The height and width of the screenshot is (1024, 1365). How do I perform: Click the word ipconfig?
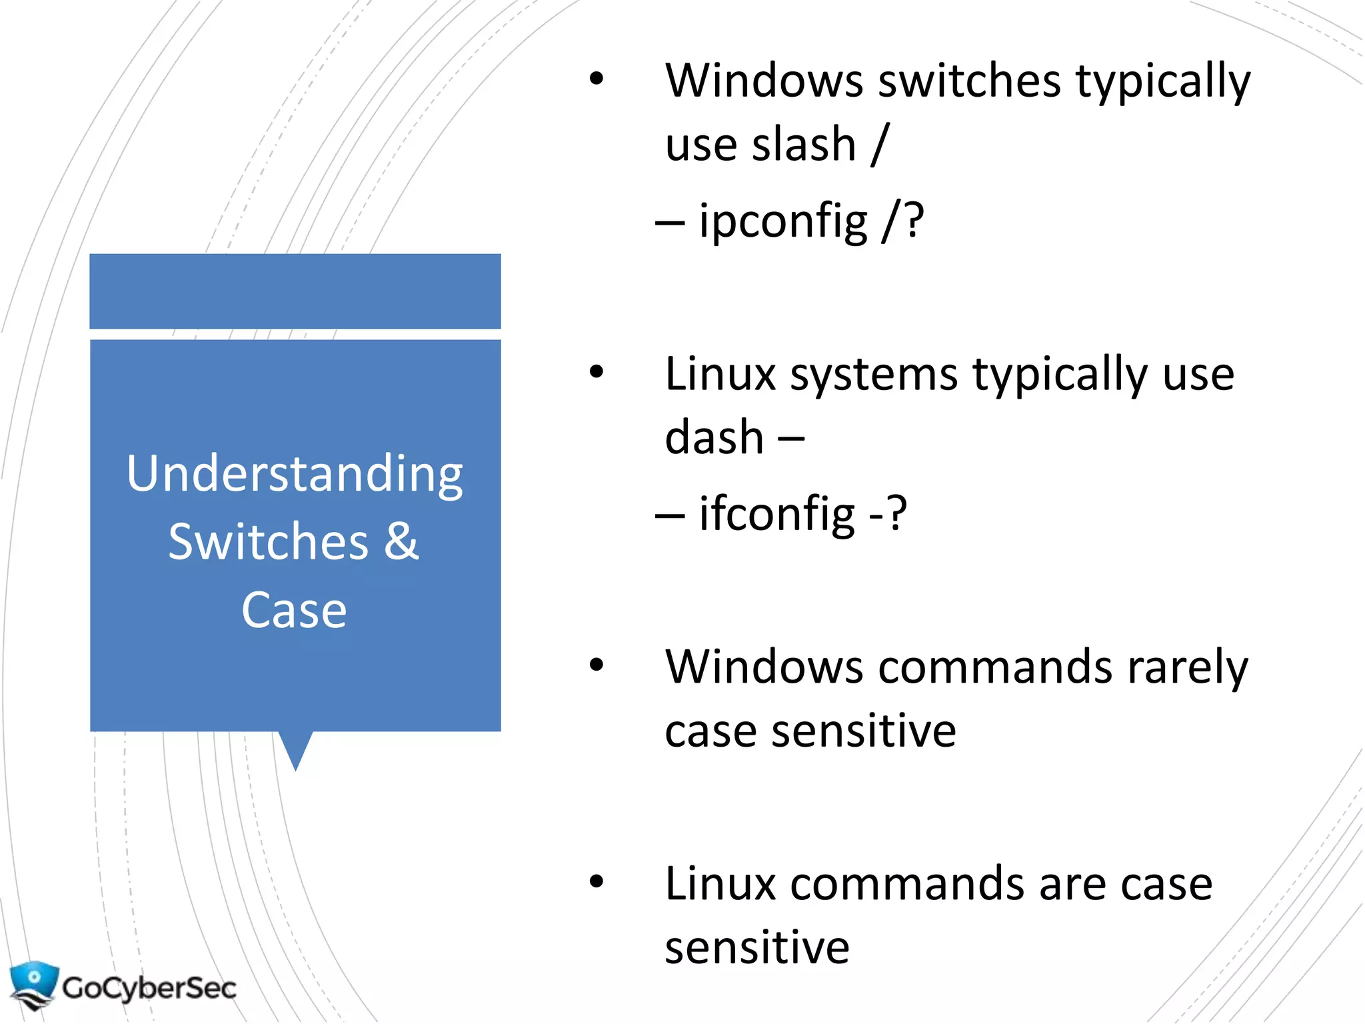[782, 221]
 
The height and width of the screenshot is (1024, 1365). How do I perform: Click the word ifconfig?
[776, 514]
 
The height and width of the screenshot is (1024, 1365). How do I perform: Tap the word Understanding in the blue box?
[295, 474]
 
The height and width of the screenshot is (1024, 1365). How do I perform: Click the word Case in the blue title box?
[294, 610]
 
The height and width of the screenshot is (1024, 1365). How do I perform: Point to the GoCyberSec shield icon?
[33, 984]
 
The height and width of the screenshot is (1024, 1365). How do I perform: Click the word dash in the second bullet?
[714, 438]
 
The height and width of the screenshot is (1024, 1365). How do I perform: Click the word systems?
[874, 375]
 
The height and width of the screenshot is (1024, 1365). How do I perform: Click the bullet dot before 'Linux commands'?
[596, 881]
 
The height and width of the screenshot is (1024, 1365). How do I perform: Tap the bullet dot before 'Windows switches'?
[596, 79]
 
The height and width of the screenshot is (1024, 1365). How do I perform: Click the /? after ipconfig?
[903, 221]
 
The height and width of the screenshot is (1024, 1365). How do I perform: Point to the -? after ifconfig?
[888, 514]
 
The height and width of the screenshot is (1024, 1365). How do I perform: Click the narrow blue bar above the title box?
[295, 291]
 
